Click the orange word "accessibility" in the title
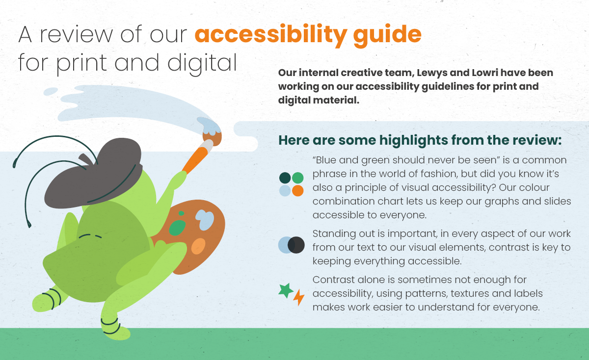point(271,35)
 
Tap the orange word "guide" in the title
point(387,35)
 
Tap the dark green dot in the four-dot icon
point(285,178)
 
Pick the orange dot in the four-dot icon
point(297,191)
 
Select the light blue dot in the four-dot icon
point(285,191)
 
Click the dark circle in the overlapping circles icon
point(296,245)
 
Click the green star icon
point(286,290)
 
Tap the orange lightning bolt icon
point(299,297)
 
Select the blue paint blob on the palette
point(205,219)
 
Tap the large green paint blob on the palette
point(177,228)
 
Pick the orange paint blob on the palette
point(198,246)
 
